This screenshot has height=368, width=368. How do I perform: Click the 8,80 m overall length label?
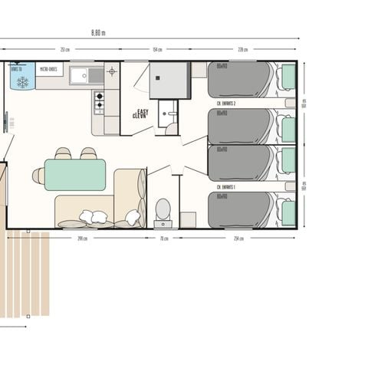[x=98, y=32]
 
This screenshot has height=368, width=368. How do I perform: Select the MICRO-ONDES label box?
[x=49, y=70]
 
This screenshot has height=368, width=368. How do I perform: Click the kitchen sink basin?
[x=80, y=75]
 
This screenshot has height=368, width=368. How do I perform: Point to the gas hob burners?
[x=99, y=102]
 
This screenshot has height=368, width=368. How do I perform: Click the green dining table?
[x=74, y=175]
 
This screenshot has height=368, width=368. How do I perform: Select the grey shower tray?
[x=169, y=80]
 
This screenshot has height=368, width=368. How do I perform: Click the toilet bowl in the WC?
[x=163, y=209]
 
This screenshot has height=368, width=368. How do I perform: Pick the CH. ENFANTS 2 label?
[x=226, y=102]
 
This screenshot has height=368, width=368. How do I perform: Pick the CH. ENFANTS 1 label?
[x=226, y=186]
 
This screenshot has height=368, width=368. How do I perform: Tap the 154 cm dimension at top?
[x=157, y=50]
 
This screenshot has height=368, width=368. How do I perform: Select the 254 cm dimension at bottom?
[x=238, y=238]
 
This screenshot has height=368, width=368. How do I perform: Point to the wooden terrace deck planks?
[x=25, y=272]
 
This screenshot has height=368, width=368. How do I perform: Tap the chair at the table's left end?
[x=38, y=176]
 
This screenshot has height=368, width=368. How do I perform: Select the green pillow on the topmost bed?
[x=288, y=77]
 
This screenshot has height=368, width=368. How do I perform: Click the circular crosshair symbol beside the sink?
[x=112, y=71]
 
